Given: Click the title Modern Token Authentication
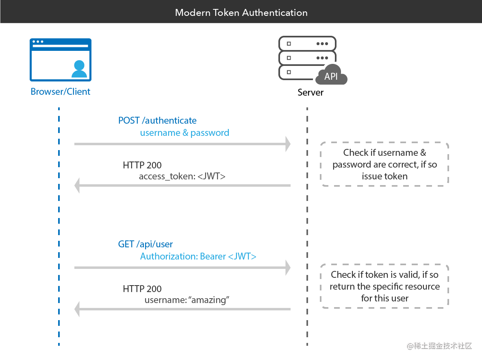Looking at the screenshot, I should pos(241,12).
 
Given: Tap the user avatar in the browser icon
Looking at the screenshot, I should pos(79,69).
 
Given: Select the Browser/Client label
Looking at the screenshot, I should pos(61,92).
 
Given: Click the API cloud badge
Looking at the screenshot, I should pos(331,76).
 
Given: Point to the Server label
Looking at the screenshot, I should pos(310,92).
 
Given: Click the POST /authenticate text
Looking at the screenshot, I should pos(157,120).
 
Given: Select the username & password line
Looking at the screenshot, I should pos(185,133).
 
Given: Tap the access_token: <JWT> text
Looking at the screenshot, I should pos(182,177).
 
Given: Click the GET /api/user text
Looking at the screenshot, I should pos(145,244).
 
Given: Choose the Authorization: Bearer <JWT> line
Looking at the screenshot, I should pos(198,256).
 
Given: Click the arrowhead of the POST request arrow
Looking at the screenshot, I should pos(288,144).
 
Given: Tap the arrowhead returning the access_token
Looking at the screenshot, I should pos(77,185).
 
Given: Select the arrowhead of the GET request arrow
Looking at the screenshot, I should pos(288,268).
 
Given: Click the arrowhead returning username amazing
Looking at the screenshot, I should pos(77,310).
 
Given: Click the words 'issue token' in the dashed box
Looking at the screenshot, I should pos(384,176).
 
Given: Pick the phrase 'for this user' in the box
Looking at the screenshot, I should pos(384,298).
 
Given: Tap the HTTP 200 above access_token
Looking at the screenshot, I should pos(142,165).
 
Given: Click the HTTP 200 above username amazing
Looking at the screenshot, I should pos(142,289).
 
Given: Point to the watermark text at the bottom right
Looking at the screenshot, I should pos(439,346).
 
